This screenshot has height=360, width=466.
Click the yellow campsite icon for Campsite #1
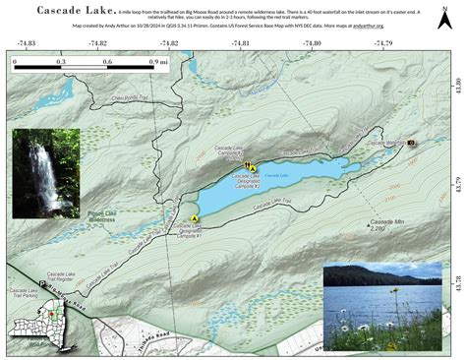pyautogui.click(x=195, y=217)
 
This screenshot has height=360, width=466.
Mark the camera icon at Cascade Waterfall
pyautogui.click(x=411, y=143)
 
